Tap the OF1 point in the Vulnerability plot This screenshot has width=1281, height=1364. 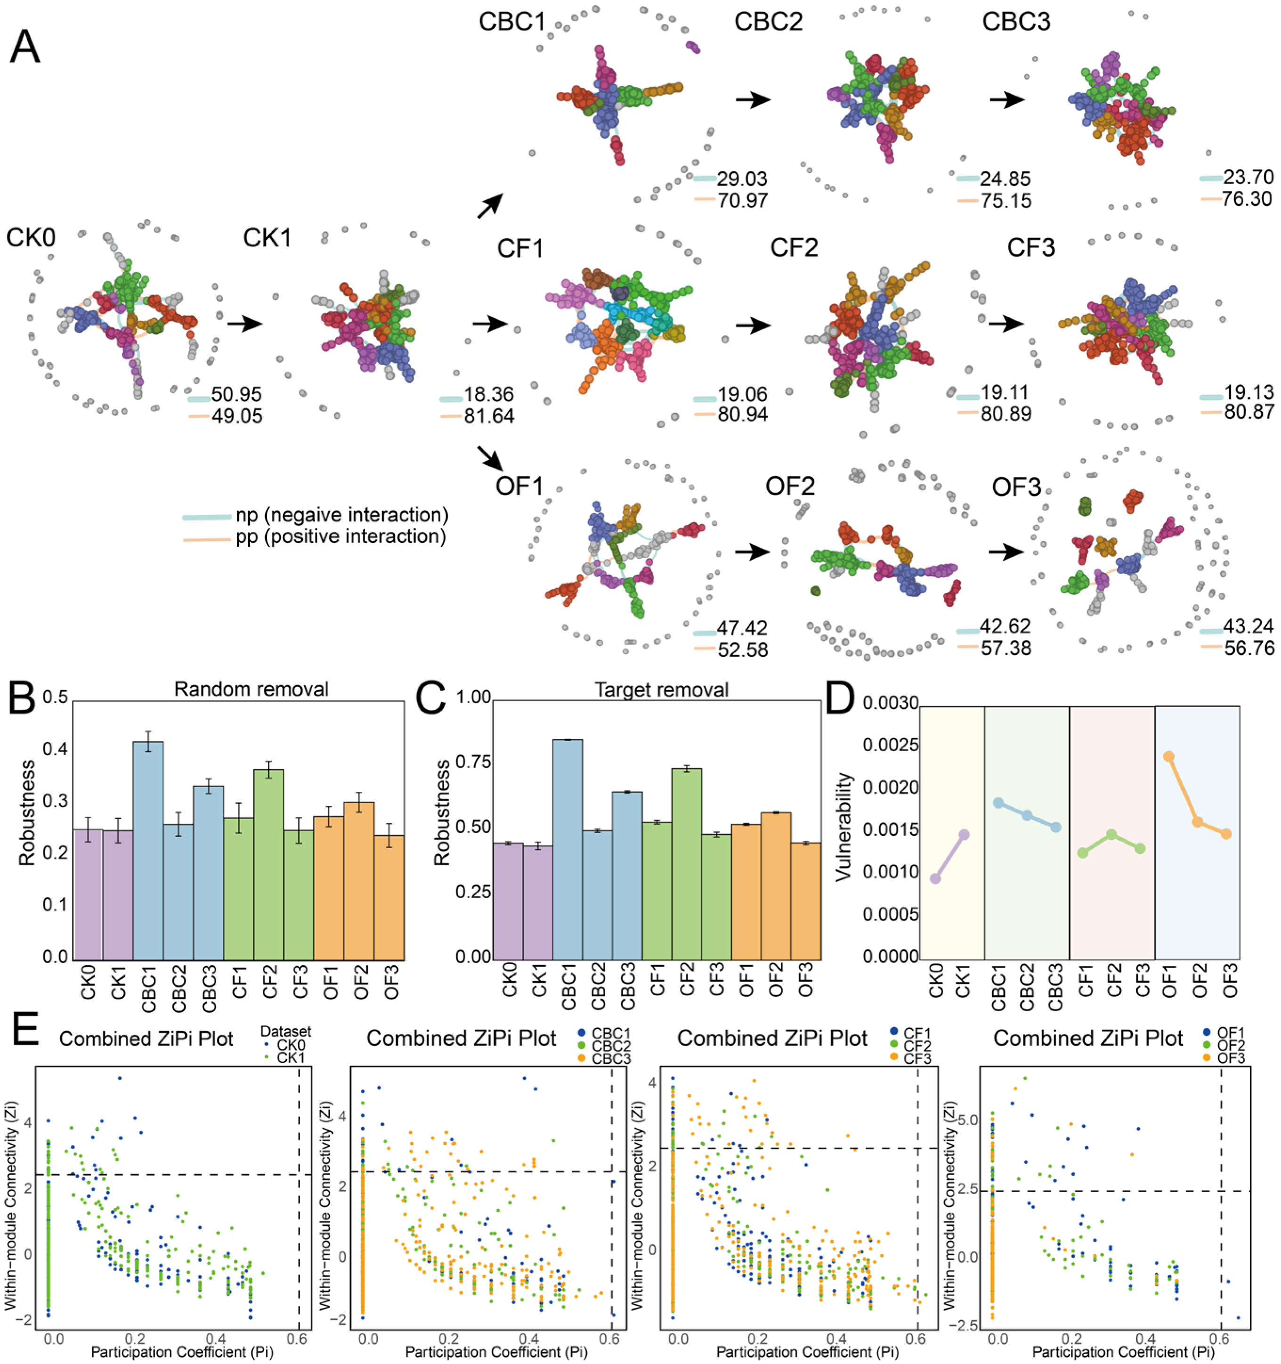point(1168,757)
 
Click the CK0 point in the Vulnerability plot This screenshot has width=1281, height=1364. point(935,878)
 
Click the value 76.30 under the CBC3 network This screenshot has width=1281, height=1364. point(1248,199)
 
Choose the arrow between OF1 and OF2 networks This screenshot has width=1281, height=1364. point(753,551)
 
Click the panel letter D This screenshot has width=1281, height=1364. point(840,698)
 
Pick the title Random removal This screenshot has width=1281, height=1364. point(251,689)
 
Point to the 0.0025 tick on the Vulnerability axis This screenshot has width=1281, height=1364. point(890,745)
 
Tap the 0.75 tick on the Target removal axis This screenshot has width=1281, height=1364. point(473,762)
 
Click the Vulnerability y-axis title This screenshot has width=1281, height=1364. point(843,827)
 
